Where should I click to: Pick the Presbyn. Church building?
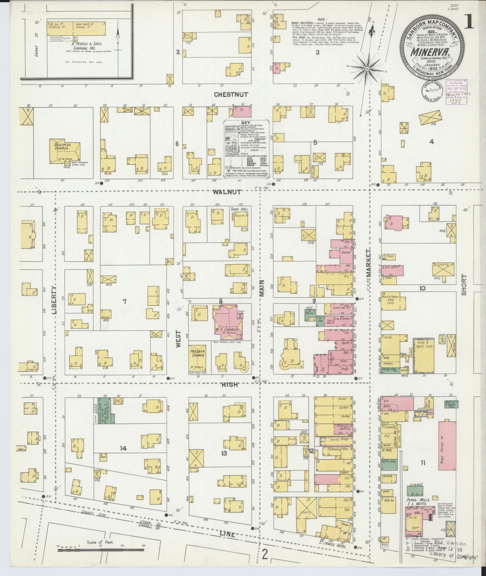pos(197,359)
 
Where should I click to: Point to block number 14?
pos(123,448)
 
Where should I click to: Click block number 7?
pos(124,301)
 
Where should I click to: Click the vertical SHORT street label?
pos(464,285)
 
